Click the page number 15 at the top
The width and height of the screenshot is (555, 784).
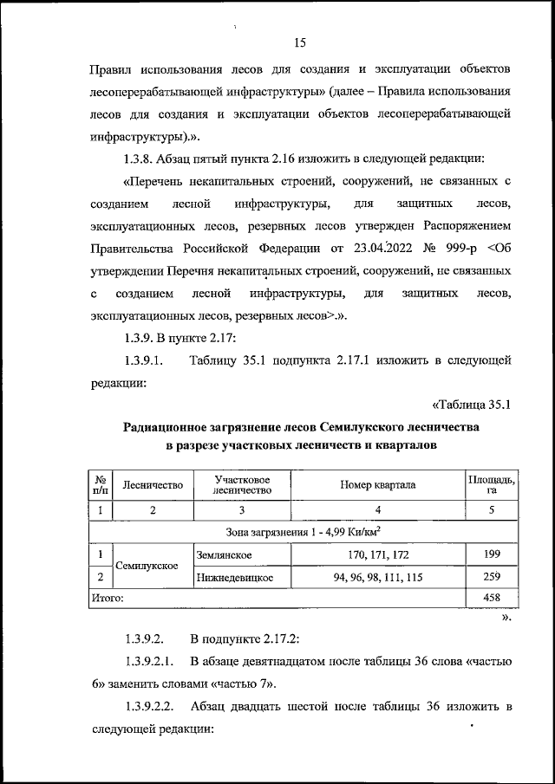pyautogui.click(x=300, y=42)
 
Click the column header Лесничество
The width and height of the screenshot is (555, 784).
pyautogui.click(x=153, y=486)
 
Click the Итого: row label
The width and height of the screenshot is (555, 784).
pyautogui.click(x=108, y=598)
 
